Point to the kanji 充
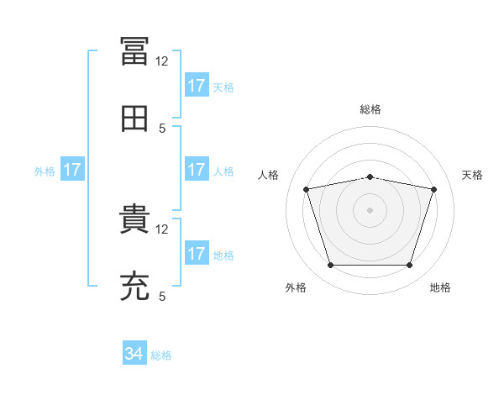(134, 287)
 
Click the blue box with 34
(134, 355)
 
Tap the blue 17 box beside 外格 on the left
(72, 171)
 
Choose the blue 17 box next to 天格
(197, 86)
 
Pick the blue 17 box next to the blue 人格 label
(197, 170)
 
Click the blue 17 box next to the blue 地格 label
(197, 254)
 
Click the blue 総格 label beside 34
(161, 355)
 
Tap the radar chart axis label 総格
(370, 109)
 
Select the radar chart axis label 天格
(473, 175)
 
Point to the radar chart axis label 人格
(268, 175)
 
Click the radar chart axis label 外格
(296, 288)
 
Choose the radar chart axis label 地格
(440, 288)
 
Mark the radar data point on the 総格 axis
(370, 176)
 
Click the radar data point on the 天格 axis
(433, 189)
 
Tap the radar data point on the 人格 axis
(307, 189)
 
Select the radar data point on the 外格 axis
(331, 265)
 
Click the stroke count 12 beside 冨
(161, 61)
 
